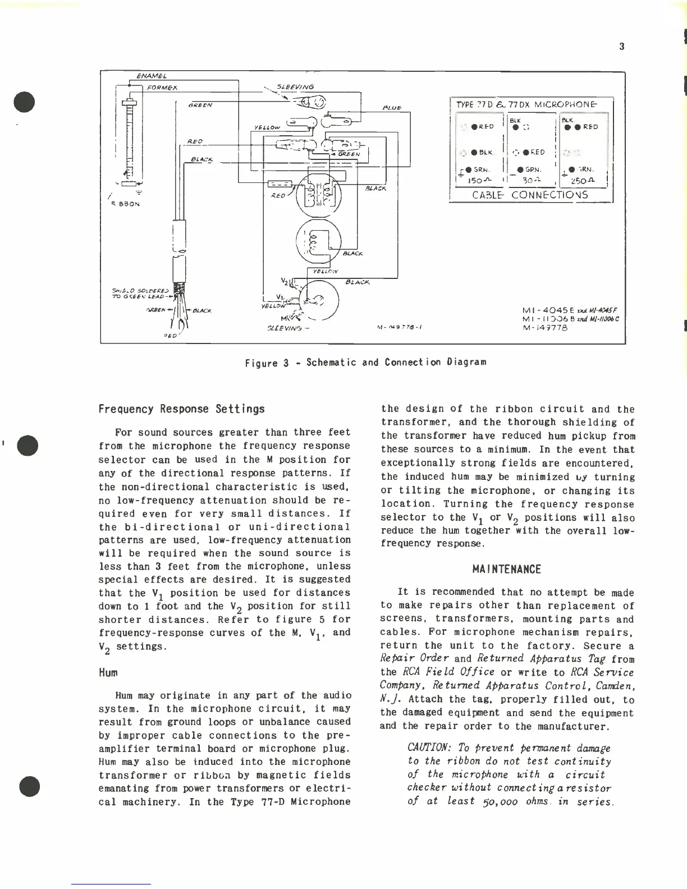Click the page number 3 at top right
tap(621, 47)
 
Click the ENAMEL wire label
tap(153, 76)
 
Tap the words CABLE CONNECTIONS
tap(530, 195)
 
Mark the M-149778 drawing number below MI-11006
tap(544, 328)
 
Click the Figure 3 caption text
tap(365, 362)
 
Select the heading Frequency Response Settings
tap(182, 409)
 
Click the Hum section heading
tap(108, 672)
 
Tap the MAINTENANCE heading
tap(506, 570)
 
